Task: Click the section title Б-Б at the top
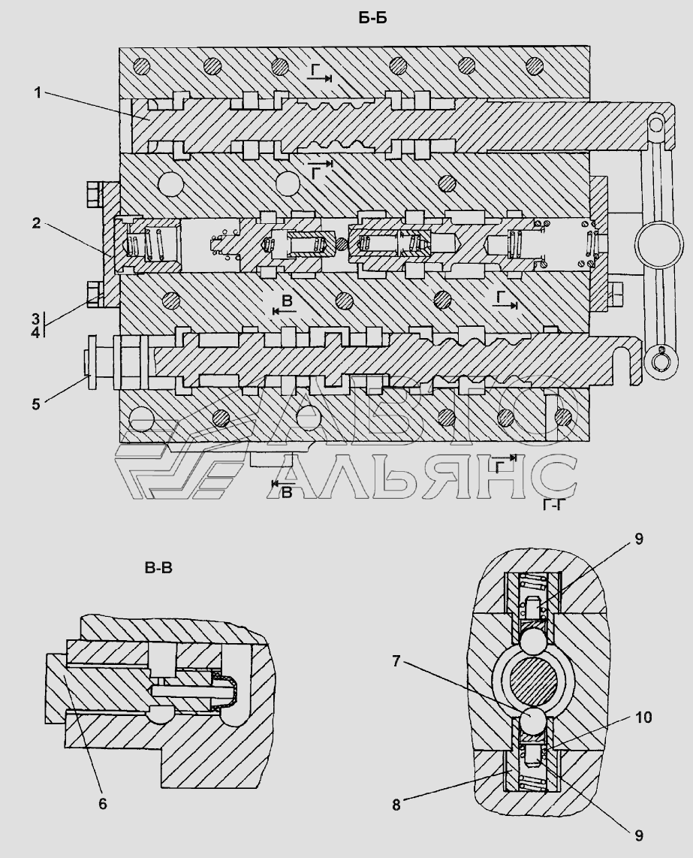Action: click(x=373, y=19)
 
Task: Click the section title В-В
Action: click(x=158, y=569)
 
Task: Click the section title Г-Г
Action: click(x=553, y=505)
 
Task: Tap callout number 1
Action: click(x=38, y=93)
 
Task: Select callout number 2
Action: click(x=35, y=223)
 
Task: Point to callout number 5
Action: click(x=36, y=404)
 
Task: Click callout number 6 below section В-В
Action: click(x=103, y=803)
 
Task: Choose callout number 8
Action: click(x=396, y=805)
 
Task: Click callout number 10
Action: click(x=643, y=717)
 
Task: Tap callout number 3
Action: click(x=35, y=319)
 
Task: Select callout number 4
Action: click(x=35, y=331)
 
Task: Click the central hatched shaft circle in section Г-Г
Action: click(x=533, y=681)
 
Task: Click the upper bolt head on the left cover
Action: click(x=94, y=195)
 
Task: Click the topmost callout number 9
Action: click(x=639, y=539)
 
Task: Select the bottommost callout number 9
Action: click(x=639, y=835)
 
